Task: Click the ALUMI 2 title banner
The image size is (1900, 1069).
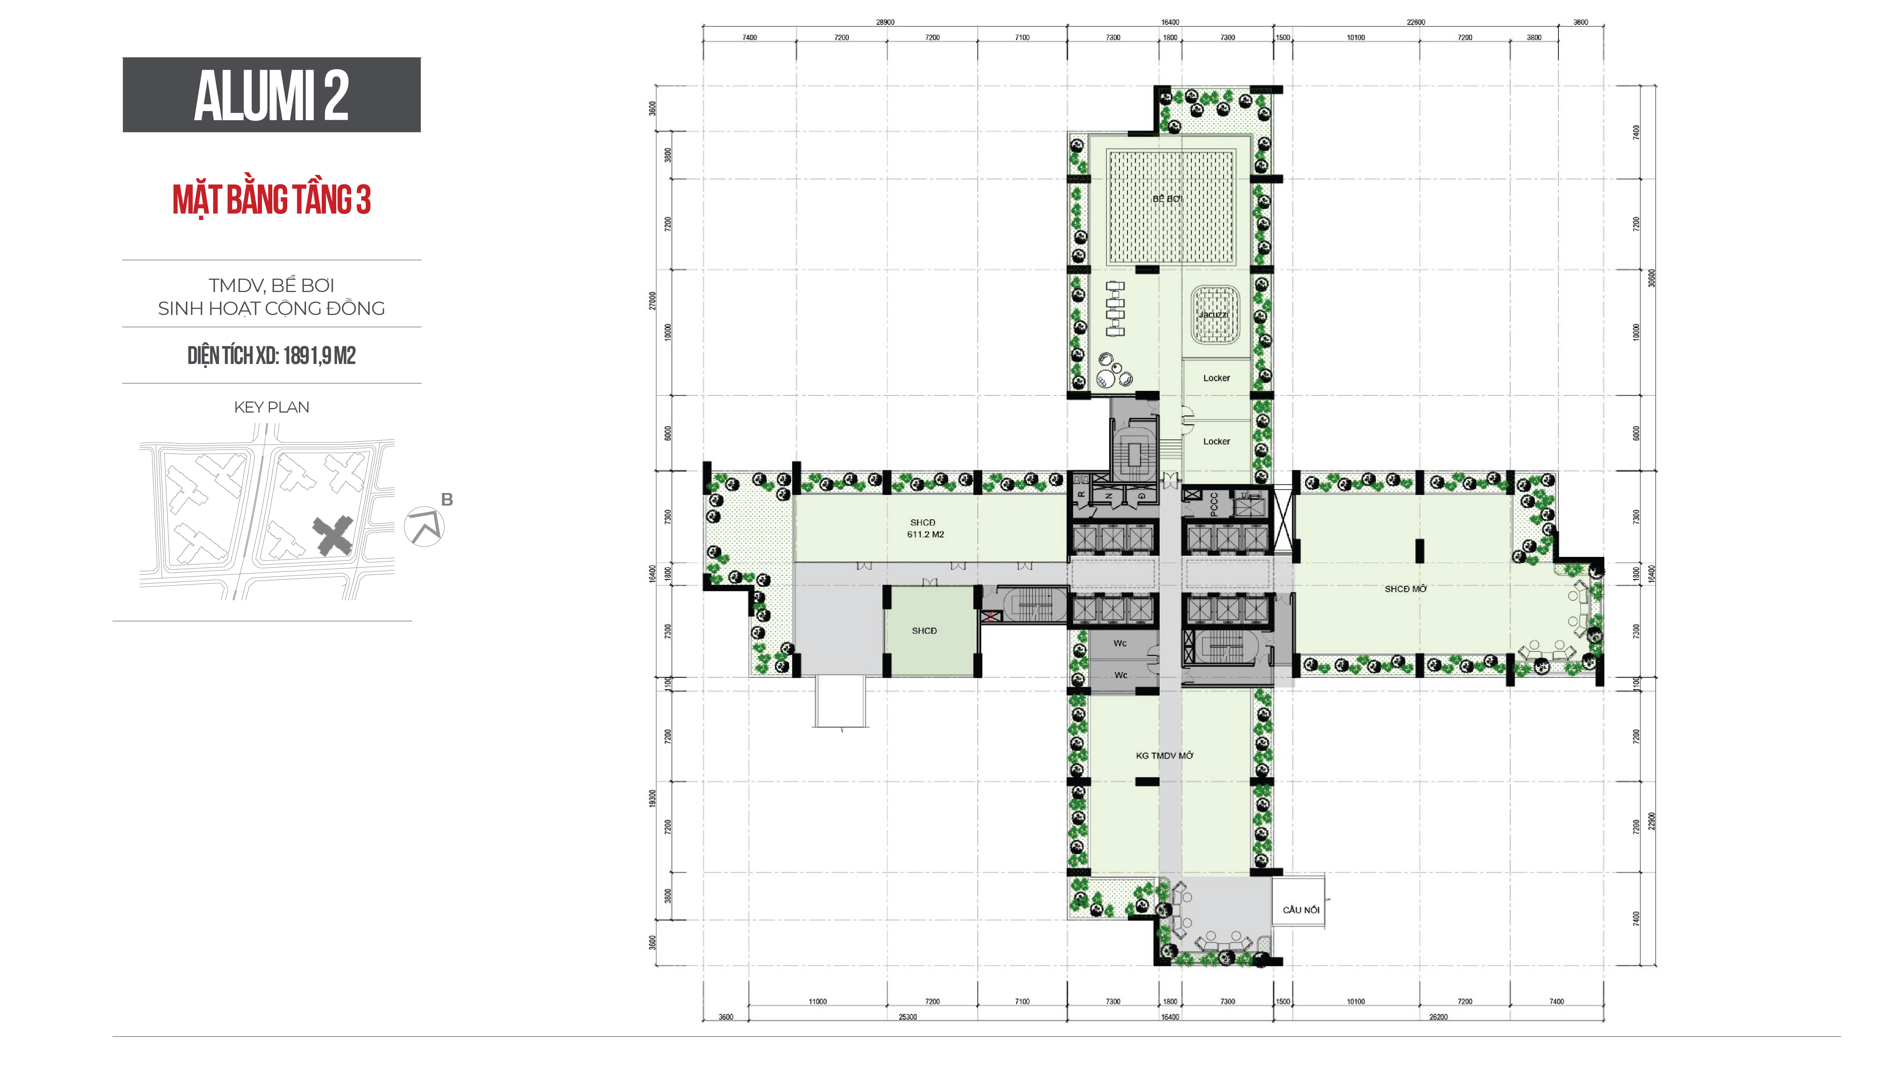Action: pos(272,95)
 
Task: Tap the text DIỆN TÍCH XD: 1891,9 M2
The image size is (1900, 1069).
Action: pos(272,356)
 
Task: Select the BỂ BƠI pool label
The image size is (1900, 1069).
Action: pos(1167,199)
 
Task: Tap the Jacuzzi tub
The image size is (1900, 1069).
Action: pos(1213,315)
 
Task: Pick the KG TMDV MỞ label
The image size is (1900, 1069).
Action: pos(1164,756)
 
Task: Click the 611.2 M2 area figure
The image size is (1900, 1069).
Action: pos(925,534)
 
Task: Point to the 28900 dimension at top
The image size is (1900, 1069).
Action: pos(885,22)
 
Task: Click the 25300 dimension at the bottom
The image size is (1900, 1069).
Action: pos(907,1017)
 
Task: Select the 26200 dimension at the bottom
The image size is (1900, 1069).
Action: pos(1438,1017)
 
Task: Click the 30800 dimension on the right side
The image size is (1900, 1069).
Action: pos(1651,278)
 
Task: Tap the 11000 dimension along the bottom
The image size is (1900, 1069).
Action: pos(817,1002)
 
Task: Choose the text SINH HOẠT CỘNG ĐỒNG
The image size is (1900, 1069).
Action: pos(272,308)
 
